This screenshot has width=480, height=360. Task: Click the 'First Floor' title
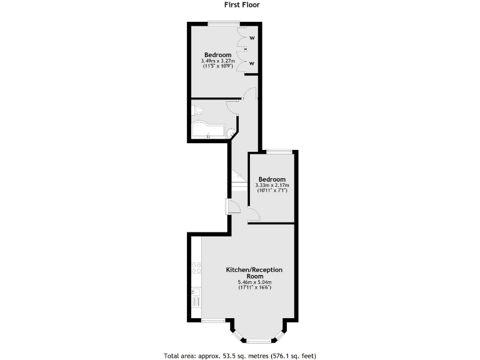[242, 4]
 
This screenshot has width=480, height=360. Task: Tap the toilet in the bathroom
[197, 111]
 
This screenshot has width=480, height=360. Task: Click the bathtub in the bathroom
[207, 130]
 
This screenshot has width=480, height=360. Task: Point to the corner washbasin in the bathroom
[231, 132]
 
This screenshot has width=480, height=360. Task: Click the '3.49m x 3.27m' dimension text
[217, 61]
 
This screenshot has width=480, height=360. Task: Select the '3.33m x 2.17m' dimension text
[272, 185]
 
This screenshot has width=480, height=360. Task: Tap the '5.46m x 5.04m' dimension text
[254, 282]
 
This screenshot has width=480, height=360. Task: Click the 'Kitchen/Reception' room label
[254, 270]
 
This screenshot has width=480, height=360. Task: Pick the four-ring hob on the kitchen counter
[196, 267]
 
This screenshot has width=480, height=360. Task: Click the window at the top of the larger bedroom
[223, 24]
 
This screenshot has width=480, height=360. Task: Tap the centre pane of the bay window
[257, 340]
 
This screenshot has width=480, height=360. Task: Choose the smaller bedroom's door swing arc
[254, 216]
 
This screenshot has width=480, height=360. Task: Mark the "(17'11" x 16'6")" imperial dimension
[254, 287]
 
